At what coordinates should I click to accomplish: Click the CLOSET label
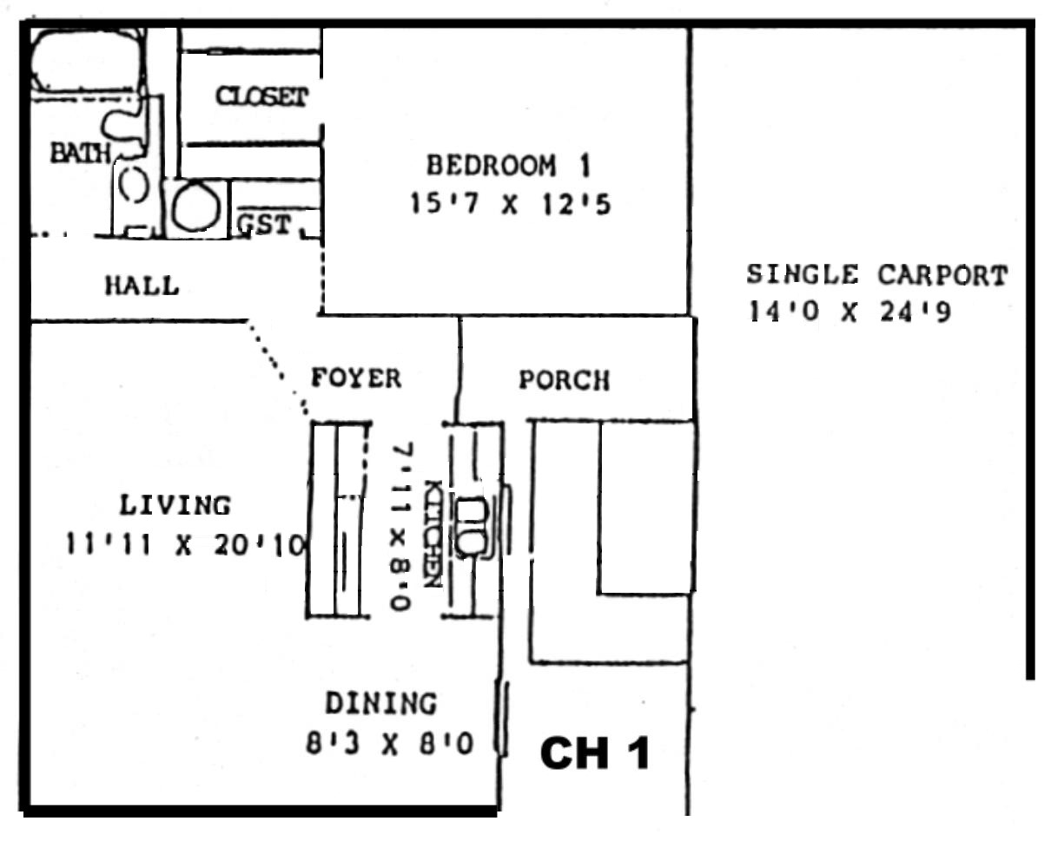[261, 96]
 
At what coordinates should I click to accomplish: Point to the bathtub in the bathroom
[88, 60]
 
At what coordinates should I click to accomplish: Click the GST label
[264, 225]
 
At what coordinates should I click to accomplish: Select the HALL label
[142, 285]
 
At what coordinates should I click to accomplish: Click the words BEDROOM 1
[509, 166]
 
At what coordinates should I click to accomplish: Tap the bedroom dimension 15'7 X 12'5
[511, 204]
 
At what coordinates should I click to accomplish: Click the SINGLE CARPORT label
[877, 275]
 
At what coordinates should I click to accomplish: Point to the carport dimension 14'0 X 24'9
[849, 312]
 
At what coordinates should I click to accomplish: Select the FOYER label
[356, 378]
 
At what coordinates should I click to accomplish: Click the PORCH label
[564, 380]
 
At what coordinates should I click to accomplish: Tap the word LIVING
[175, 505]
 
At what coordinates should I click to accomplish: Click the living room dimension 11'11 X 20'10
[186, 545]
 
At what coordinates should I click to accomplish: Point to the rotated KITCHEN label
[433, 534]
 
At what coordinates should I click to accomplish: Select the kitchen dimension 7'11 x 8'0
[402, 526]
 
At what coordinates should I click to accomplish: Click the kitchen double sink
[472, 527]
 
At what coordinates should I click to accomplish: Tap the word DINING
[381, 703]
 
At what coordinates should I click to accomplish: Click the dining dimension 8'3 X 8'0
[390, 744]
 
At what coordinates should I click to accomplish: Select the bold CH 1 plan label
[595, 753]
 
